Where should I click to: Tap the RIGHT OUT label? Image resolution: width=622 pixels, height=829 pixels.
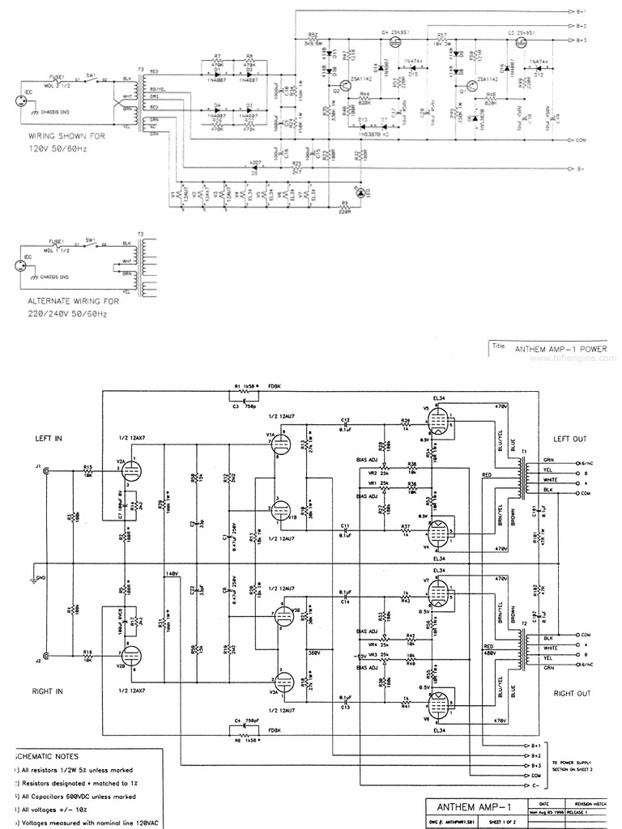point(572,694)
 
